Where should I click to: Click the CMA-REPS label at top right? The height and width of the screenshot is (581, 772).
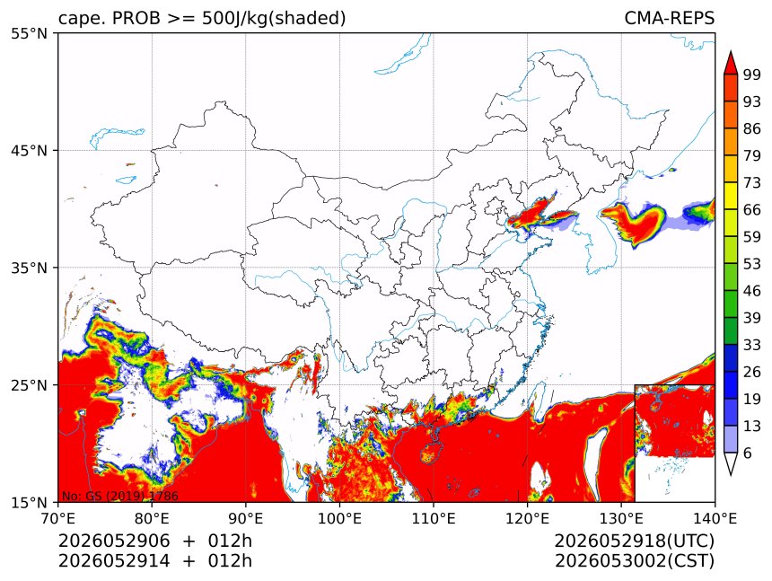[x=669, y=18]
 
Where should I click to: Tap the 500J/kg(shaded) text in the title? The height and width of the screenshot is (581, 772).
[x=274, y=19]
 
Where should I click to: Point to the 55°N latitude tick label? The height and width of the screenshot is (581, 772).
[x=29, y=33]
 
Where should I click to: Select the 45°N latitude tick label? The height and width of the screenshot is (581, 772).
[x=29, y=150]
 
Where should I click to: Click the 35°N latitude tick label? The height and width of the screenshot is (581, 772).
[x=29, y=268]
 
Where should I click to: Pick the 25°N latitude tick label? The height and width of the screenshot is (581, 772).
[x=29, y=385]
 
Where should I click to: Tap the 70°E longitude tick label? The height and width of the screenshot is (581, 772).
[x=58, y=518]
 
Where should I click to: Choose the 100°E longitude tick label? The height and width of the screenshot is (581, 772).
[x=339, y=518]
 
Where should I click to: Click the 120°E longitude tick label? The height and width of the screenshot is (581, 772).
[x=527, y=518]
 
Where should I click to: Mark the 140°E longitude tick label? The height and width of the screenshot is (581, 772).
[x=715, y=518]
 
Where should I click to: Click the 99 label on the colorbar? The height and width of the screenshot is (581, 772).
[x=752, y=75]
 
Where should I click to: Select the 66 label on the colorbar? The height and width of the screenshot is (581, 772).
[x=752, y=210]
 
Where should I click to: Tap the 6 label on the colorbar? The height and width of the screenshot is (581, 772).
[x=748, y=453]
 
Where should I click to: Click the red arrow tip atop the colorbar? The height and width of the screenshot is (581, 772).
[x=731, y=51]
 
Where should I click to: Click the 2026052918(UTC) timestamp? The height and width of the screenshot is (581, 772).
[x=634, y=541]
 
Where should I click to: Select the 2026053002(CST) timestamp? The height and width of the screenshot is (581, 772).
[x=634, y=561]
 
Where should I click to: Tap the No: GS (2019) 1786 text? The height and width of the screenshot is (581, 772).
[x=119, y=496]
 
